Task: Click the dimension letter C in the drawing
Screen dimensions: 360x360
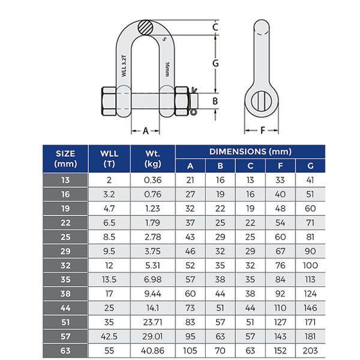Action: click(x=215, y=28)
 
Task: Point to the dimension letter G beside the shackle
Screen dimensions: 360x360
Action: click(x=215, y=62)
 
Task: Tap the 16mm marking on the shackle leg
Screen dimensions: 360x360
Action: click(x=166, y=66)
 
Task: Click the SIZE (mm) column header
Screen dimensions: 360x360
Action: click(x=65, y=158)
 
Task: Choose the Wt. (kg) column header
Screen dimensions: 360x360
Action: click(x=153, y=158)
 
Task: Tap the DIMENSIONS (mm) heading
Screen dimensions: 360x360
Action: click(x=250, y=152)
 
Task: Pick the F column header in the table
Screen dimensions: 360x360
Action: click(x=280, y=166)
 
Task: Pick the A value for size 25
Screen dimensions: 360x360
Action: click(x=190, y=238)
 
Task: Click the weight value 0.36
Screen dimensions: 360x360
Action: click(x=153, y=180)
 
